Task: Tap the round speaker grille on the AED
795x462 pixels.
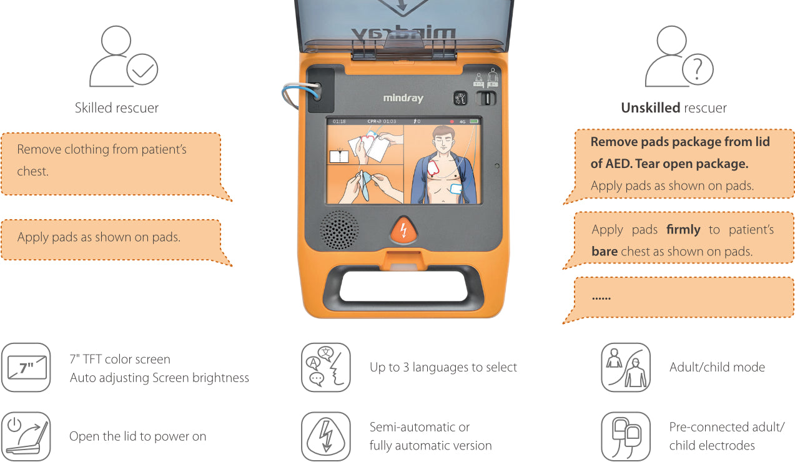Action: (340, 229)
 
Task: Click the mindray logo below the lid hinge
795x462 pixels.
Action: (403, 99)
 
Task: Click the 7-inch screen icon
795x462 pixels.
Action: (26, 367)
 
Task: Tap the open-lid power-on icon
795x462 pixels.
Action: (26, 436)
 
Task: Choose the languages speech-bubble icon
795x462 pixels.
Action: (325, 367)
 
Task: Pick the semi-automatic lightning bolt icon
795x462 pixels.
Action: (325, 436)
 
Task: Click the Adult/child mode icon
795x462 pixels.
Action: (625, 367)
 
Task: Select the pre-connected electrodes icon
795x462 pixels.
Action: (625, 436)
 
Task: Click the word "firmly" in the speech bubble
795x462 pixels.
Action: (683, 230)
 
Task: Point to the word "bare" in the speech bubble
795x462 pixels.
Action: (605, 252)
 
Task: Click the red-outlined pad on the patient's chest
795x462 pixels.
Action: (435, 167)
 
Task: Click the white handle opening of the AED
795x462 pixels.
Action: (403, 285)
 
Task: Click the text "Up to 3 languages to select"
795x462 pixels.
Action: (443, 367)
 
